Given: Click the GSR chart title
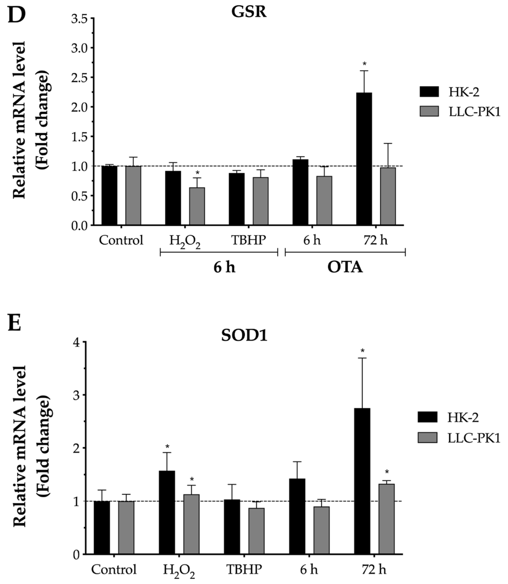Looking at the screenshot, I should coord(249,12).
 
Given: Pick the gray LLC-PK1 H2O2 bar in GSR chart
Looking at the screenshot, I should coord(197,206).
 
